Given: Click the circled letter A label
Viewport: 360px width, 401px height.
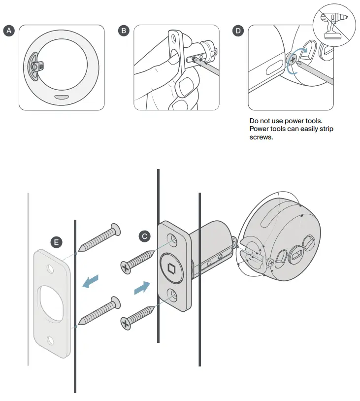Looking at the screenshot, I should click(x=9, y=31).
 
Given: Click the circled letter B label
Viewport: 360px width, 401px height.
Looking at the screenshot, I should click(x=124, y=31).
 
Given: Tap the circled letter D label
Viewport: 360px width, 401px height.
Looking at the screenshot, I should click(x=238, y=31).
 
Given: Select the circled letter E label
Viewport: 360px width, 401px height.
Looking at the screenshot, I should click(x=57, y=242).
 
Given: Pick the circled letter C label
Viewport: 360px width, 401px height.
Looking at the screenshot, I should click(x=144, y=236).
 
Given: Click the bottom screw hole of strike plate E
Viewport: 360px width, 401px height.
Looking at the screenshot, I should click(x=51, y=339).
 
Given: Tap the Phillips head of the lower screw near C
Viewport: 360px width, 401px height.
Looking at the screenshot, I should click(x=126, y=323).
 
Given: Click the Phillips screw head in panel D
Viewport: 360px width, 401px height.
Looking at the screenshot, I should click(x=292, y=60).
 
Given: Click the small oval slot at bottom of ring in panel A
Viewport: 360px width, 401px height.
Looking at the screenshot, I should click(x=62, y=97).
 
